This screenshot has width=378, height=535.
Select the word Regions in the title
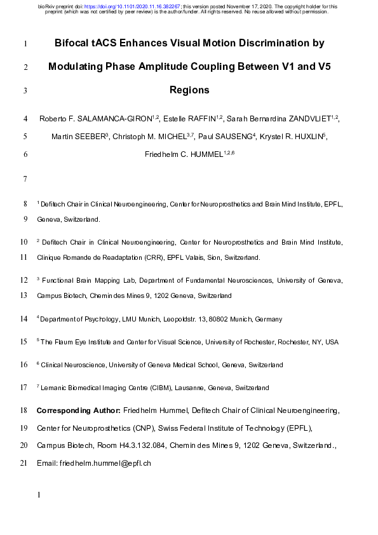pos(189,90)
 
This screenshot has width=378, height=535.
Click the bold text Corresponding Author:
pos(78,412)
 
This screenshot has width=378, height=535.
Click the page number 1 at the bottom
pos(39,494)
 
